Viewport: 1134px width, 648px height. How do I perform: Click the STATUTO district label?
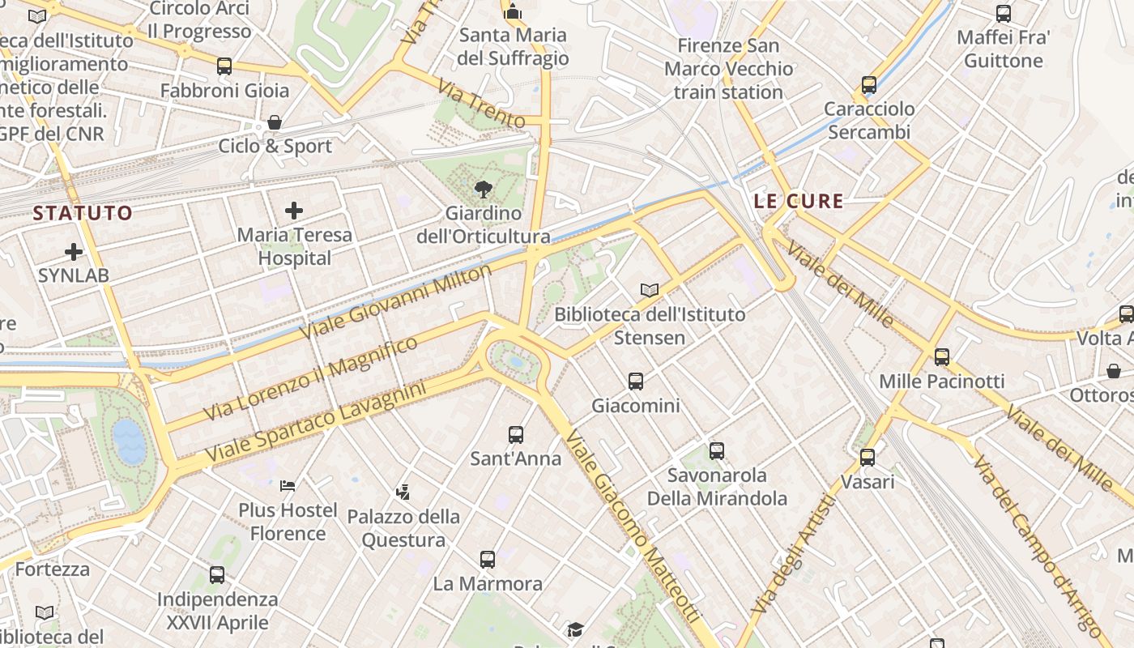[83, 213]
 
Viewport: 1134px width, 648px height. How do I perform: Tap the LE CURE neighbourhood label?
[799, 201]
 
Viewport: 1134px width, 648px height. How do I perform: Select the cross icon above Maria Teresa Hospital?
[294, 211]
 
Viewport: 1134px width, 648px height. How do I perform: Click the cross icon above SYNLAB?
[74, 252]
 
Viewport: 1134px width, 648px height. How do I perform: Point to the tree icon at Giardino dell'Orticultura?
[484, 190]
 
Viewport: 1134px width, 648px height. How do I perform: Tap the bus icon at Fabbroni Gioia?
[224, 66]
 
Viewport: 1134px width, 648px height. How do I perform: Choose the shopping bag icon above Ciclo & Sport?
[275, 122]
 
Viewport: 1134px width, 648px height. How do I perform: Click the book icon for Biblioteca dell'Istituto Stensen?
[650, 290]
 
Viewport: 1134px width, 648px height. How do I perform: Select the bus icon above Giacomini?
[636, 381]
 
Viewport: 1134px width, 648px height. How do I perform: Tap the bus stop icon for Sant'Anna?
[516, 435]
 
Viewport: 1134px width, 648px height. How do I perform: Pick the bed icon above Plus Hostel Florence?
[288, 486]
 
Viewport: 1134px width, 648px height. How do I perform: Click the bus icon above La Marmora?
[488, 559]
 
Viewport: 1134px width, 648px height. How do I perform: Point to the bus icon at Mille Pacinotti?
[941, 356]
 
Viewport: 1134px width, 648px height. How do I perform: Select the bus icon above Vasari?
[868, 458]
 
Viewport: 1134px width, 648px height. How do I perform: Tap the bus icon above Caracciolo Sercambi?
[869, 85]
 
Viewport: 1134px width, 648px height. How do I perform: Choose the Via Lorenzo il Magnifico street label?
[311, 378]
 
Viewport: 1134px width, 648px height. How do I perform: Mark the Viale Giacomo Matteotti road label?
[631, 526]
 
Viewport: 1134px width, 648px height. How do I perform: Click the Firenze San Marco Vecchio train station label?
[728, 69]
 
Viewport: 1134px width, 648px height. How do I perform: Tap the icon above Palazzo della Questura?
[403, 492]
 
